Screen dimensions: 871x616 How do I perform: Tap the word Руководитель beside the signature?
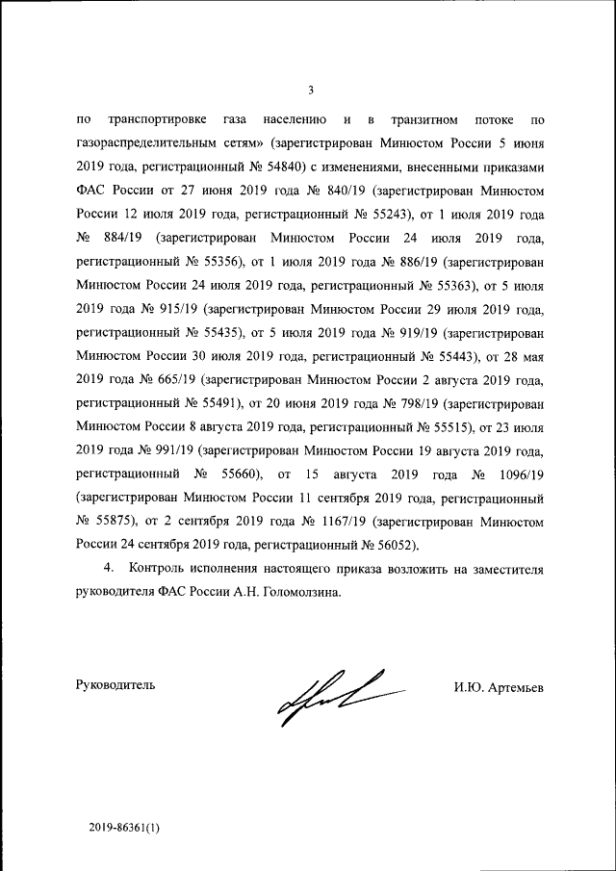tap(115, 685)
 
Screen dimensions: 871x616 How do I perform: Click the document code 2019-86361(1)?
tap(120, 826)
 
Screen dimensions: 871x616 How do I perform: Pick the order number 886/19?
tap(414, 261)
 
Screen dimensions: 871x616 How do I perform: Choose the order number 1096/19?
tap(517, 474)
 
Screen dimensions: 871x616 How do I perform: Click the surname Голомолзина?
tap(295, 593)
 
